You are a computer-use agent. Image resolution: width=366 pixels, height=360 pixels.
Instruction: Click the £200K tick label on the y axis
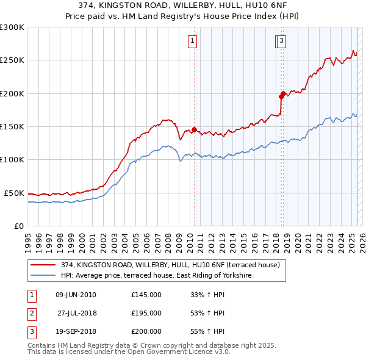coord(12,93)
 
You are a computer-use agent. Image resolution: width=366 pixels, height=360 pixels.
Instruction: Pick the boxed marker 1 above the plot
coord(192,41)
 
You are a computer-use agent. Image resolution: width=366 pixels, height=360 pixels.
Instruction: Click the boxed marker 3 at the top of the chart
coord(281,41)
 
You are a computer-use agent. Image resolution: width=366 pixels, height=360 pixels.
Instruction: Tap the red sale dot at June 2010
coord(194,129)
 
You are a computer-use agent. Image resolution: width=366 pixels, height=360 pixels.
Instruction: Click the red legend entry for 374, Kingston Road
coord(170,265)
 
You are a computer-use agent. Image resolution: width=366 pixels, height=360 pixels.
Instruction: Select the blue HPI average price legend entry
coord(156,276)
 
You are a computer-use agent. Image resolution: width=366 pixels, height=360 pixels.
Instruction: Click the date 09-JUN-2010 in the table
coord(76,295)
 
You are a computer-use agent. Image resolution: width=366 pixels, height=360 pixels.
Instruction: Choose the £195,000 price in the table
coord(146,313)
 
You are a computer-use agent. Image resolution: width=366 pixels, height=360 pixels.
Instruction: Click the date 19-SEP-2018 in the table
coord(76,331)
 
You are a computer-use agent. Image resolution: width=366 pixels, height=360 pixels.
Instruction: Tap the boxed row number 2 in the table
coord(31,313)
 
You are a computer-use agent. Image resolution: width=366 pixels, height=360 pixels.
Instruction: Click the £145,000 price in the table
coord(146,295)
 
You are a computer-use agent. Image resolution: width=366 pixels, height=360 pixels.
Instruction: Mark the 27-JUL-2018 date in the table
coord(76,313)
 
